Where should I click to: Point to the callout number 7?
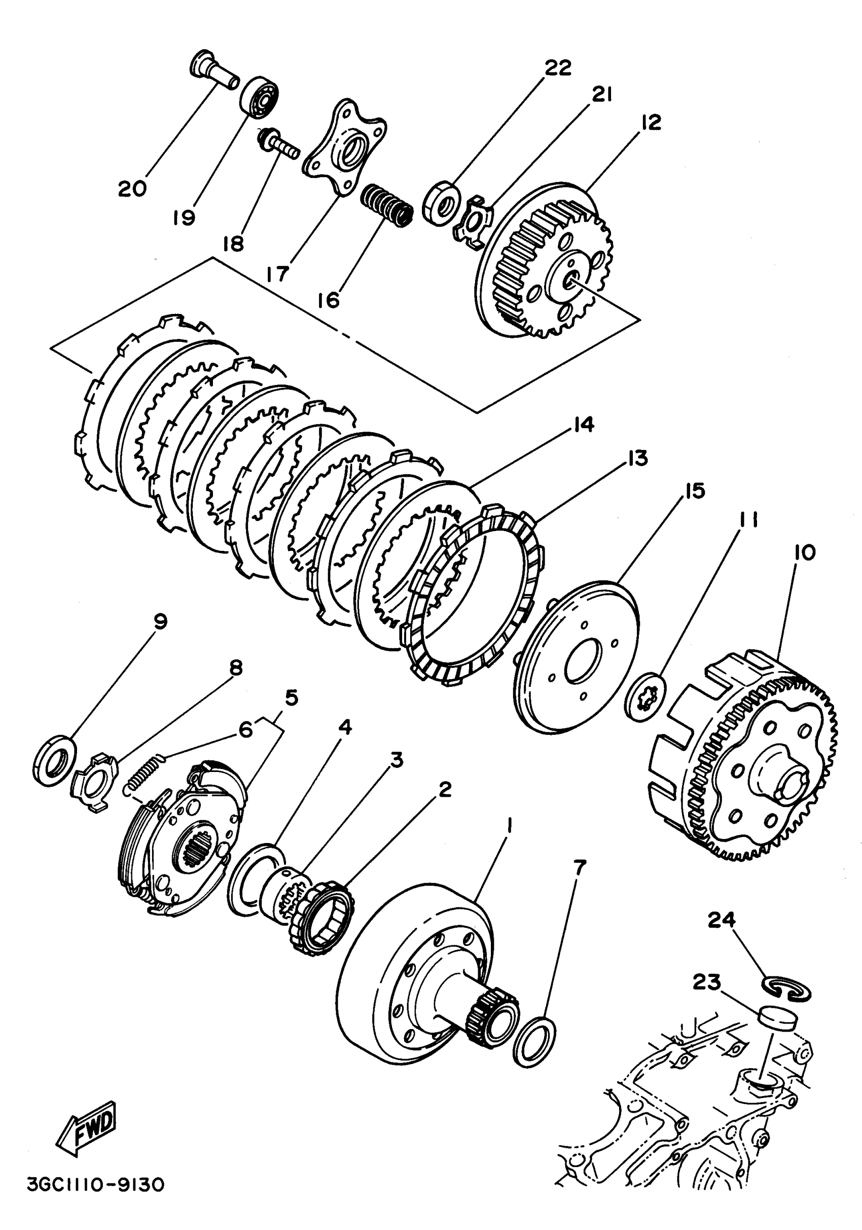(x=579, y=866)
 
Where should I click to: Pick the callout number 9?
(x=160, y=621)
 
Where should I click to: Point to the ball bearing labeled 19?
(x=260, y=96)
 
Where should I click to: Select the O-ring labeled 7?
(x=534, y=1040)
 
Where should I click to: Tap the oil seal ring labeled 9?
(x=54, y=760)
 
